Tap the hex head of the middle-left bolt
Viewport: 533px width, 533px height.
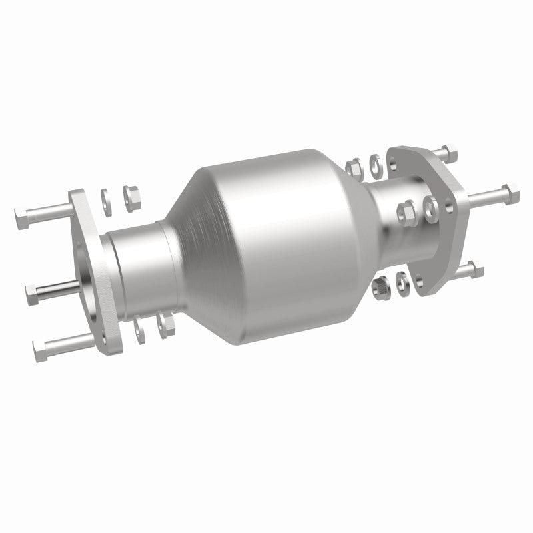click(31, 292)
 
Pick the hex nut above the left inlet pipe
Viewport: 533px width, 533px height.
click(131, 194)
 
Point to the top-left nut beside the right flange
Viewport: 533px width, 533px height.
click(355, 164)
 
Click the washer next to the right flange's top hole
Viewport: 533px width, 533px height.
click(375, 161)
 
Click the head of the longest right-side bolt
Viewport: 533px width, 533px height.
click(512, 193)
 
